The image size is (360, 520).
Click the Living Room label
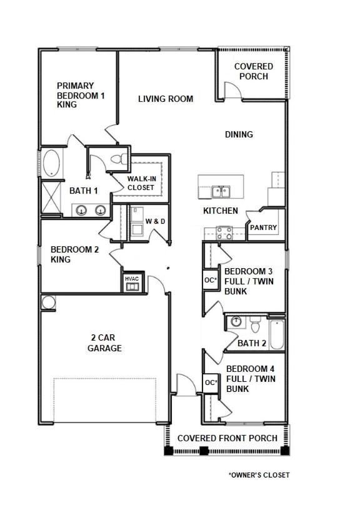click(x=166, y=99)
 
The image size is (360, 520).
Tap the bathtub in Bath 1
click(x=51, y=163)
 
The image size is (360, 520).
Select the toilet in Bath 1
click(x=119, y=159)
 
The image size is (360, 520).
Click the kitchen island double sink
click(x=221, y=192)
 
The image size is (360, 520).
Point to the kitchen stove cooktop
click(x=224, y=232)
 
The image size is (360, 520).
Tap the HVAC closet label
click(x=132, y=279)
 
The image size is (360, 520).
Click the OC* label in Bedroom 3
click(x=211, y=280)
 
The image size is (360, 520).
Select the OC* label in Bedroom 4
click(x=211, y=382)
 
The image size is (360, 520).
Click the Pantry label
click(x=263, y=227)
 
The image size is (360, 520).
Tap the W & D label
click(x=155, y=221)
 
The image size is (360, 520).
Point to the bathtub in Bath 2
click(x=277, y=334)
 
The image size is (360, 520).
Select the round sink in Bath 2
click(x=236, y=321)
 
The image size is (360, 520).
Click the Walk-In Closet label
click(x=141, y=183)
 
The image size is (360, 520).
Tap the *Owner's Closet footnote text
click(x=259, y=475)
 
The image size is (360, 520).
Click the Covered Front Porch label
click(x=227, y=438)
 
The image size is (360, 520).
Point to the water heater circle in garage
click(x=48, y=302)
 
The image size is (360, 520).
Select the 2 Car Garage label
click(x=104, y=343)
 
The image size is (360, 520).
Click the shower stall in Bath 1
click(x=51, y=197)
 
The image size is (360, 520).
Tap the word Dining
click(x=239, y=134)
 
